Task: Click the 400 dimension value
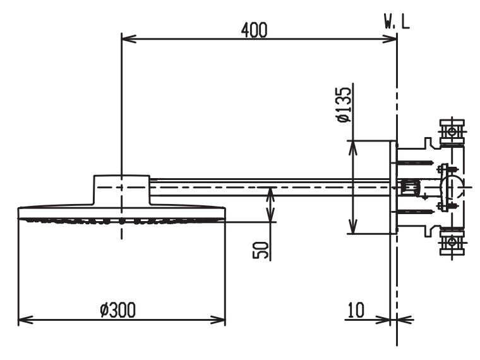point(254,29)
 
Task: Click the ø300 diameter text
point(118,309)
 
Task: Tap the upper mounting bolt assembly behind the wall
point(452,132)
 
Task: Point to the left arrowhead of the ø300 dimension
point(22,320)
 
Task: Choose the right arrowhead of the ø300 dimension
point(221,320)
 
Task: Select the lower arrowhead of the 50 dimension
point(270,217)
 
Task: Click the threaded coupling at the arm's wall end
point(411,188)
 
